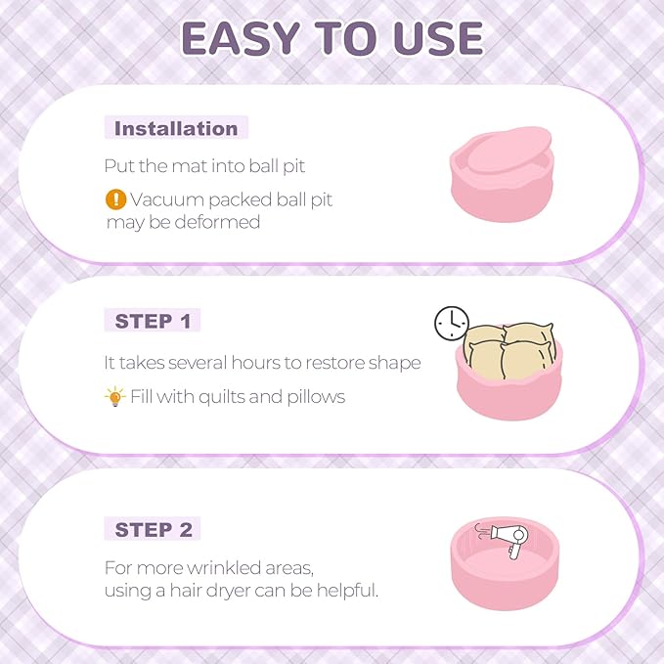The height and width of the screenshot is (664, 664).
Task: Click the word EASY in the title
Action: [x=241, y=38]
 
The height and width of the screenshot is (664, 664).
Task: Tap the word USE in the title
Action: [x=438, y=38]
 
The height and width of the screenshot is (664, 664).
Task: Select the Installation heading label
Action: [x=176, y=128]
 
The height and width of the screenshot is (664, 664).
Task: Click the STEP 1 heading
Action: [x=153, y=321]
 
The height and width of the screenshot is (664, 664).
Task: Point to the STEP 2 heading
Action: [x=154, y=529]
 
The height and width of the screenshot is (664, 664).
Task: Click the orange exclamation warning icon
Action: [x=116, y=199]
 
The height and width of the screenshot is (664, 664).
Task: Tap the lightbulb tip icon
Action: [x=115, y=397]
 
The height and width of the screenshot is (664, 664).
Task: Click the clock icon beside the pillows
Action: [x=452, y=323]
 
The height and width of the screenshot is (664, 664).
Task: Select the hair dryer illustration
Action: [x=509, y=540]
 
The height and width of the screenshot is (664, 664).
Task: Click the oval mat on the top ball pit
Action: [x=509, y=150]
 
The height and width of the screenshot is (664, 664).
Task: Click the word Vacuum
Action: [x=167, y=199]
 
